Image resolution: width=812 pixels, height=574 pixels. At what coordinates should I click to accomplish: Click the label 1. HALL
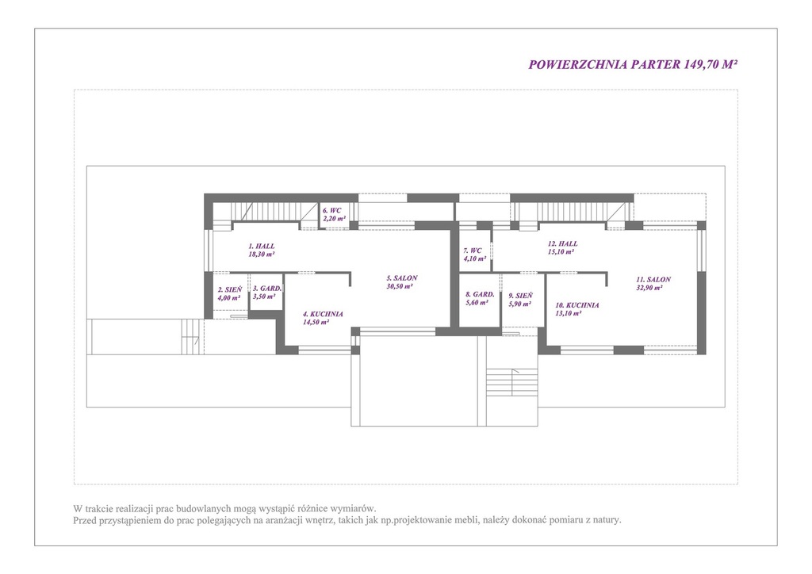(262, 247)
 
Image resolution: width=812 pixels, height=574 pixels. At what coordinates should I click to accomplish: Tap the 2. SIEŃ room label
(229, 290)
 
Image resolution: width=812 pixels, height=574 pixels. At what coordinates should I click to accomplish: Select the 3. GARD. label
(267, 289)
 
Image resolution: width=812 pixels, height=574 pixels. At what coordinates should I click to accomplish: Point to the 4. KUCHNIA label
(323, 314)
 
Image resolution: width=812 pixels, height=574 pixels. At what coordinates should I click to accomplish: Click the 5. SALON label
(401, 278)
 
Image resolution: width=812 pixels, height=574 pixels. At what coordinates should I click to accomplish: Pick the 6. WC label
(332, 211)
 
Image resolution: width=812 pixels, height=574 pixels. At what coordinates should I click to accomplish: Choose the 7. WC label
(473, 251)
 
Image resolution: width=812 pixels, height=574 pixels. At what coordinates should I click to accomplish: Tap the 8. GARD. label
(480, 294)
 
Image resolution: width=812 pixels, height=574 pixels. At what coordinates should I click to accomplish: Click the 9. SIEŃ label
(520, 296)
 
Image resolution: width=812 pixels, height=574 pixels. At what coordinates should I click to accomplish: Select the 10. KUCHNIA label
(577, 305)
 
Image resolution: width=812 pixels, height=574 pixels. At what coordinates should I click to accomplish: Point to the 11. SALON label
(653, 280)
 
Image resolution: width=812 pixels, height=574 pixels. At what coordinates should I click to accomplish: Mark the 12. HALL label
(563, 243)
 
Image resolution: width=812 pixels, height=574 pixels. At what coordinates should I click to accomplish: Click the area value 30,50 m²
(400, 286)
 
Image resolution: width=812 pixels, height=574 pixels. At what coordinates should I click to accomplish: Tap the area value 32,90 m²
(649, 288)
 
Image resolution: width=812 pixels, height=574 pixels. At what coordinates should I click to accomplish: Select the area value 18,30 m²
(262, 254)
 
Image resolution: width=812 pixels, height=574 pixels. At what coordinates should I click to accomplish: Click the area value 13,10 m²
(568, 313)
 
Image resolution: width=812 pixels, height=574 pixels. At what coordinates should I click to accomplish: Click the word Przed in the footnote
(84, 519)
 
